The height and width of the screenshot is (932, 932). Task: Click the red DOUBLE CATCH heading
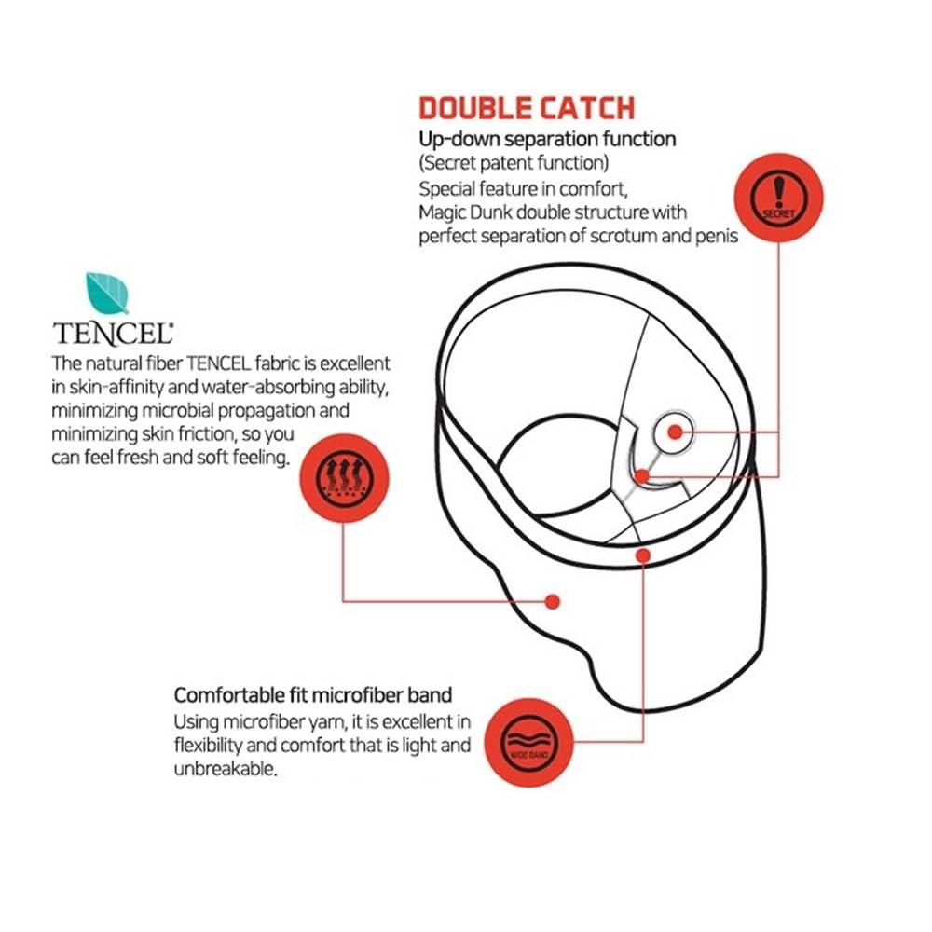[x=527, y=107]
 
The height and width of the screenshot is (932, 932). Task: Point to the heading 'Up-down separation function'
[x=547, y=140]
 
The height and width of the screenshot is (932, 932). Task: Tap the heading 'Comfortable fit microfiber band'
[x=313, y=695]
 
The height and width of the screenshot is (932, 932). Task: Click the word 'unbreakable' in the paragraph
[x=226, y=770]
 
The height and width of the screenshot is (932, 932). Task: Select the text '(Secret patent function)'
[x=514, y=164]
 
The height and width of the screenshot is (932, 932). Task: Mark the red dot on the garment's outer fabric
[x=552, y=601]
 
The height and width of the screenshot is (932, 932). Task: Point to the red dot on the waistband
[x=642, y=556]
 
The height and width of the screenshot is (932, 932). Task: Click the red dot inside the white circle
[x=675, y=432]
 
